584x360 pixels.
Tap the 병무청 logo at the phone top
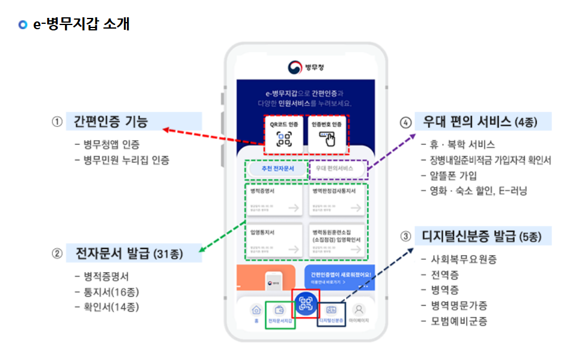306,66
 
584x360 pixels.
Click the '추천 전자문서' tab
277,169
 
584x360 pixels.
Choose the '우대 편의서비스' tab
338,169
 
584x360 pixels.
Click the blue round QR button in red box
306,304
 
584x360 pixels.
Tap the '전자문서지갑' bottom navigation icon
279,311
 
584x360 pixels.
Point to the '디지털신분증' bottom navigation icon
331,311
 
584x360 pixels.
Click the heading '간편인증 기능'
111,122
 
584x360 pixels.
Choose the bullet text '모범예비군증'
459,321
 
